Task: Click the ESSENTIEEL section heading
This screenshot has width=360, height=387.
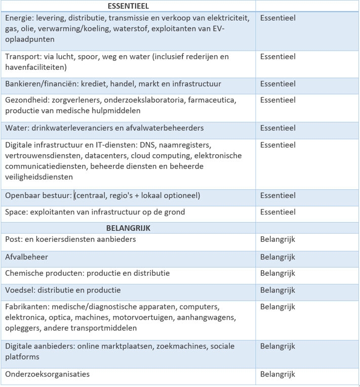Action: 128,6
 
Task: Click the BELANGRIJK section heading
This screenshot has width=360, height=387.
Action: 128,228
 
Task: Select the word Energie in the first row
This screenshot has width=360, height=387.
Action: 20,18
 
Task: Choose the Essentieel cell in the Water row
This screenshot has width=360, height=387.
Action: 277,128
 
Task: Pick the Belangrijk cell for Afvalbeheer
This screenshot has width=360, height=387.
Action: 277,257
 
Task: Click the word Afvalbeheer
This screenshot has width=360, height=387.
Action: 26,257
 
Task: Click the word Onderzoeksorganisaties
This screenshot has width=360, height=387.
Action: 47,374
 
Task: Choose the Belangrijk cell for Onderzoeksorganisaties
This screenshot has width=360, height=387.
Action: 277,374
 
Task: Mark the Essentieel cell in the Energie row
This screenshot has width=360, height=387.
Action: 277,18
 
